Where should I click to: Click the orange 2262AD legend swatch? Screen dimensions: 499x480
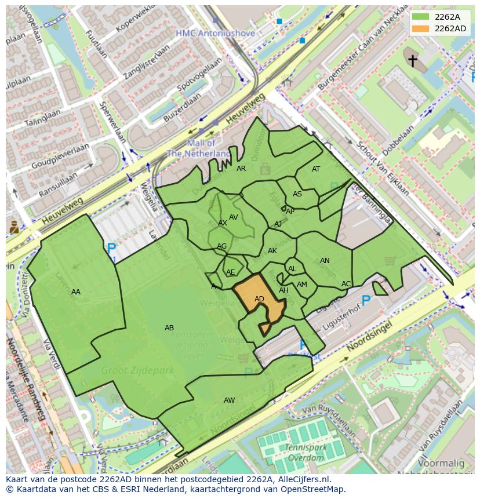[x=421, y=28]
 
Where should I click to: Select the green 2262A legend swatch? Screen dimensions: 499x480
[x=421, y=17]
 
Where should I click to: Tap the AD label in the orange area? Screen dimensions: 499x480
[x=259, y=299]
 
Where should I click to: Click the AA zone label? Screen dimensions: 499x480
[x=76, y=292]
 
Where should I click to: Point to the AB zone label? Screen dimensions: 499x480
[x=169, y=328]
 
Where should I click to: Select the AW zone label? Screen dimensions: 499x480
[x=230, y=400]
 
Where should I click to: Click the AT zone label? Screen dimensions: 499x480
[x=316, y=169]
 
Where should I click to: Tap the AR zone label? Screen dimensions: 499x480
[x=241, y=169]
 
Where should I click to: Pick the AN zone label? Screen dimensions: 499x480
[x=325, y=261]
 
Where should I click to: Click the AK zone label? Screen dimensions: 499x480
[x=272, y=251]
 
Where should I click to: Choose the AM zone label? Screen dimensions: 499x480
[x=302, y=285]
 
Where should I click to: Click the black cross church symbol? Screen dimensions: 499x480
[x=412, y=60]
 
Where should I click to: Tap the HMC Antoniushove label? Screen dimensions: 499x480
[x=215, y=34]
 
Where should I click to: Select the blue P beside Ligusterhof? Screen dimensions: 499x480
[x=366, y=301]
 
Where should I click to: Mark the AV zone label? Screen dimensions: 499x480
[x=234, y=217]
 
